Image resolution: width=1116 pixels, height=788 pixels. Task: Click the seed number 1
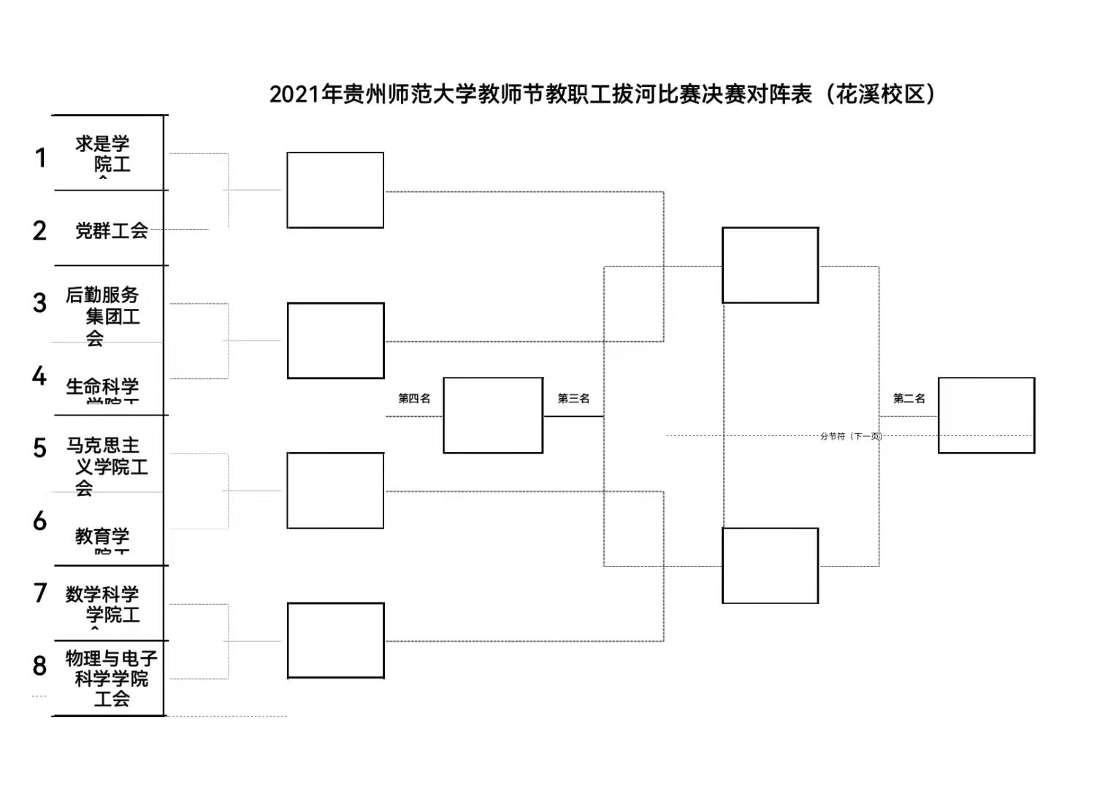coord(41,157)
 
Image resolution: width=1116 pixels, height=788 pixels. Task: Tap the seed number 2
coord(39,231)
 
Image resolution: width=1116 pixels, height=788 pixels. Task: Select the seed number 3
coord(40,303)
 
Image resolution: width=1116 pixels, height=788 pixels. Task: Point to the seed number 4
coord(39,376)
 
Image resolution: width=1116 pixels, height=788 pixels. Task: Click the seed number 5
coord(40,448)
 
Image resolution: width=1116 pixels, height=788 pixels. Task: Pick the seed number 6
coord(40,521)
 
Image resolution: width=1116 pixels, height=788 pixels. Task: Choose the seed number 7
coord(40,592)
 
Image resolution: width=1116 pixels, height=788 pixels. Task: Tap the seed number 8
coord(40,665)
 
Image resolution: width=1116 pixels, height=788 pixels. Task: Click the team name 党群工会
coord(112,231)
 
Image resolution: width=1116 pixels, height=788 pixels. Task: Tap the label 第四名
coord(414,398)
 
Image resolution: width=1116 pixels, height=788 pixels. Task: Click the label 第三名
coord(573,398)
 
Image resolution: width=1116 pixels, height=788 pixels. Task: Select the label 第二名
coord(909,398)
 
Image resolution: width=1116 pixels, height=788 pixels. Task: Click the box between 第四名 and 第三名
coord(493,415)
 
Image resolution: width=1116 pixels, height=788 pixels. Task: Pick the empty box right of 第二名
coord(986,415)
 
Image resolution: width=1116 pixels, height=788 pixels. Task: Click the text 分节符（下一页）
coord(851,436)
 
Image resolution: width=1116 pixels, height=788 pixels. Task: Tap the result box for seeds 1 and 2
coord(335,190)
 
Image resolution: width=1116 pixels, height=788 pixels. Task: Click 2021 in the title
coord(296,94)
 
